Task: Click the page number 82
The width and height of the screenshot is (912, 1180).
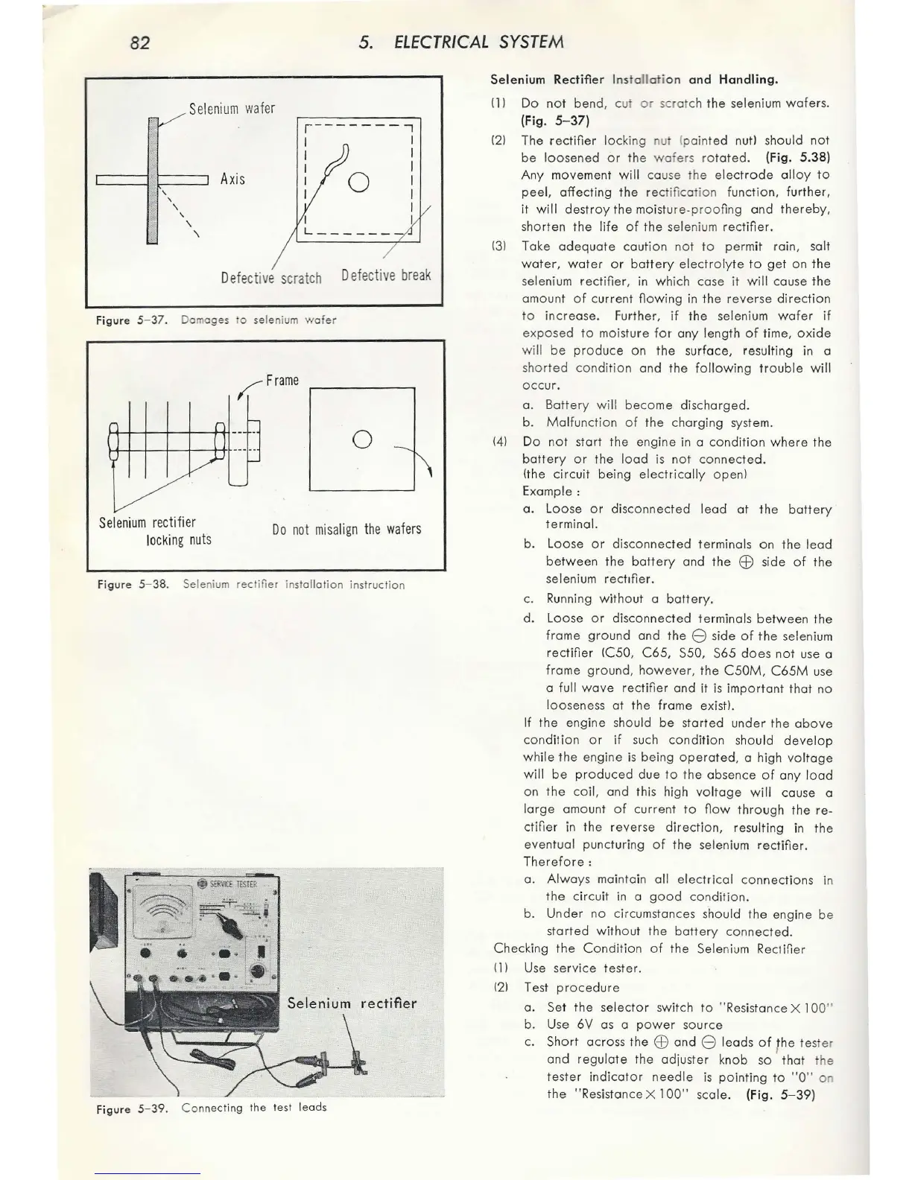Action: [139, 42]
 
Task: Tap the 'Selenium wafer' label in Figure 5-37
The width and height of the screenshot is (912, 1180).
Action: [232, 109]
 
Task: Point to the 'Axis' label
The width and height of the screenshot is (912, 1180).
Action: [232, 179]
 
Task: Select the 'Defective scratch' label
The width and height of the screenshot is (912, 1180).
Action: [271, 278]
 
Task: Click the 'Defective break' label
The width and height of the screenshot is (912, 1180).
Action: [386, 275]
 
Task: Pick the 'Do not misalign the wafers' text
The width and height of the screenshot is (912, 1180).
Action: [346, 529]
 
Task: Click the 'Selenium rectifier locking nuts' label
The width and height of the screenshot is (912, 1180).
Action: [156, 530]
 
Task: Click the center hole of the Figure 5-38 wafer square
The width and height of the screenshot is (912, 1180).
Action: [361, 439]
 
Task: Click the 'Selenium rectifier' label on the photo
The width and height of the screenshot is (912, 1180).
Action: [352, 1003]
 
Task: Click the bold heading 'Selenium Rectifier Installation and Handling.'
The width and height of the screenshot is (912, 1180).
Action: [634, 79]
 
